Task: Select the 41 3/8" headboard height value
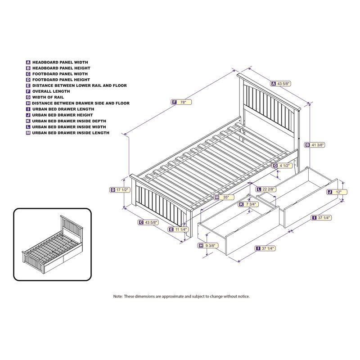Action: (x=317, y=145)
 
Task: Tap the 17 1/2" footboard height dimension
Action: (x=123, y=190)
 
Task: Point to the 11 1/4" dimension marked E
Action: (x=180, y=229)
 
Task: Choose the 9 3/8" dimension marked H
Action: (x=210, y=245)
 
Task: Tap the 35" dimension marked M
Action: (x=225, y=197)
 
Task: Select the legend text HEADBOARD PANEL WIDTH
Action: (x=60, y=62)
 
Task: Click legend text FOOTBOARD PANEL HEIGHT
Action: (x=60, y=80)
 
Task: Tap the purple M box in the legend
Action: (x=28, y=133)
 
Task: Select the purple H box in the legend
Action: (x=28, y=103)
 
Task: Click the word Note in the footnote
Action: (x=118, y=297)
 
